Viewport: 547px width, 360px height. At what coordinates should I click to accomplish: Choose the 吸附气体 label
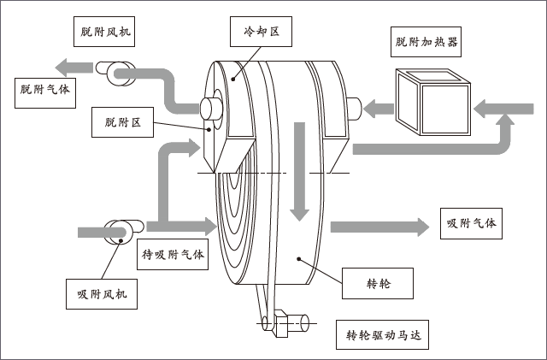click(469, 223)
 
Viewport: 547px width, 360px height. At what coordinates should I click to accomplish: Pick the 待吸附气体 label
click(174, 254)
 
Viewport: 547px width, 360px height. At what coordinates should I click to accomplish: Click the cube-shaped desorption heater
click(431, 98)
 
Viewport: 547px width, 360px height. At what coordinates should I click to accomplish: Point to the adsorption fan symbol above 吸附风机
click(117, 231)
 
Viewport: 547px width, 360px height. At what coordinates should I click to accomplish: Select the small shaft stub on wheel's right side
click(352, 107)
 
